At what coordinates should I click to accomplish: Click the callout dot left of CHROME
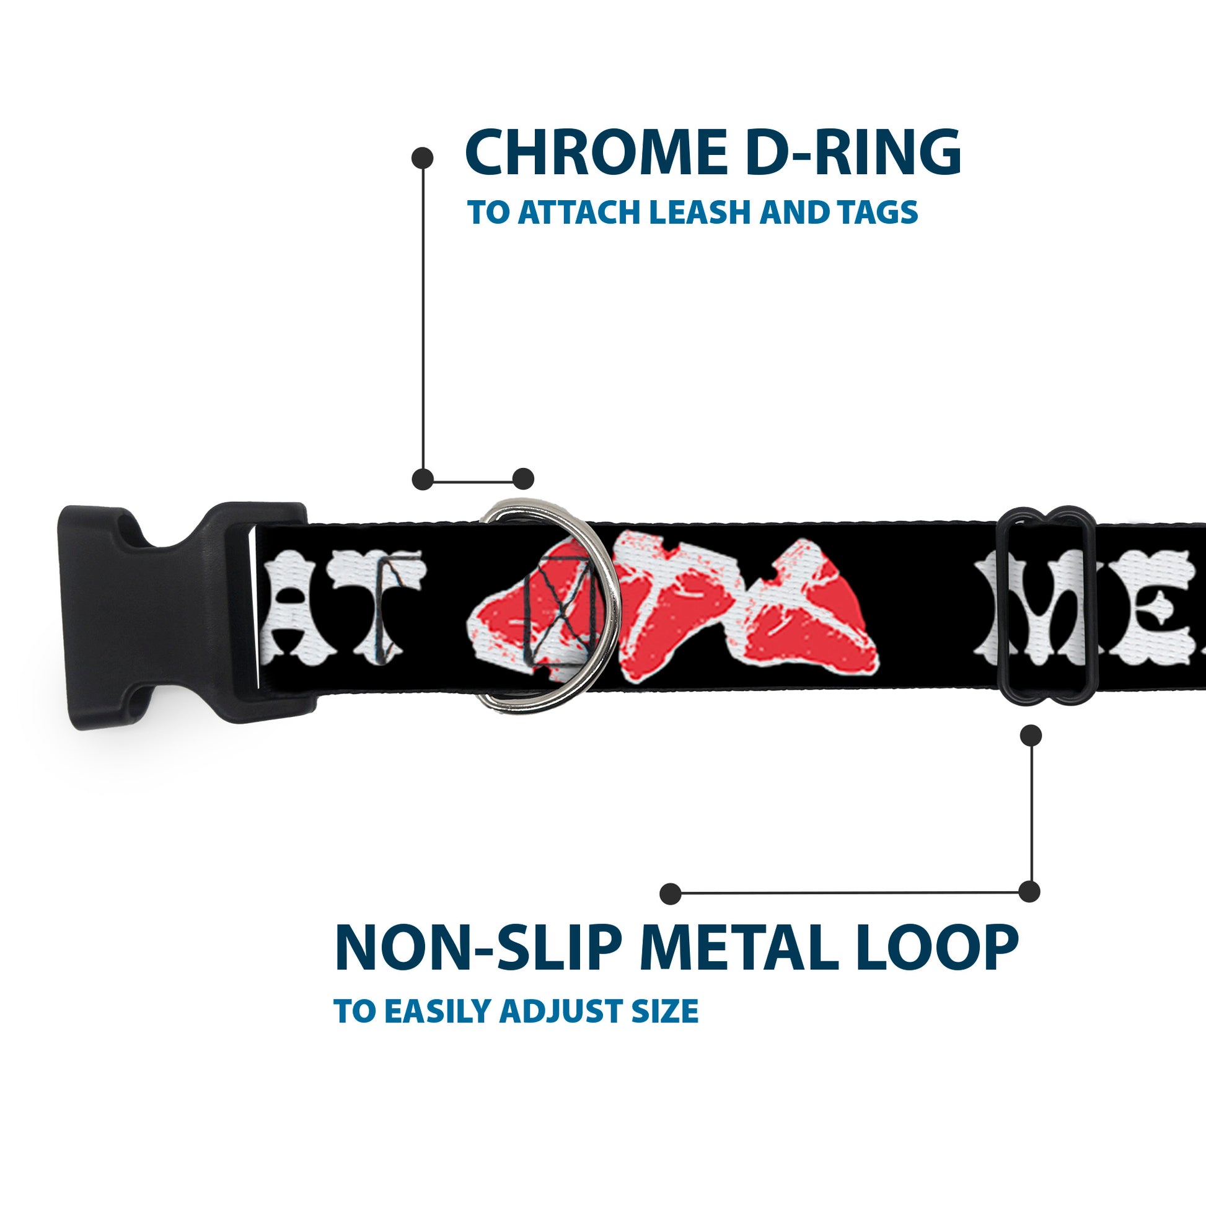point(423,158)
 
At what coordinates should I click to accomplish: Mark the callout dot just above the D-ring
point(523,479)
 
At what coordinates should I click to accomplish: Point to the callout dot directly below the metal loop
point(1031,736)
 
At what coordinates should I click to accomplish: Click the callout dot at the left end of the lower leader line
point(671,894)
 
